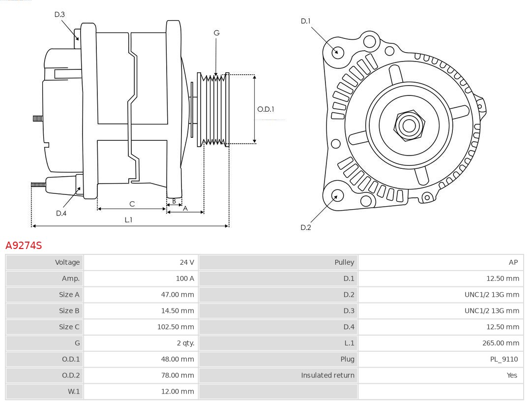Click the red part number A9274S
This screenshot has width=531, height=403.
[24, 245]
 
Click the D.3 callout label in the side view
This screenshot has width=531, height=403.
[59, 15]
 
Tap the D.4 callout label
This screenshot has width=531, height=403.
[61, 213]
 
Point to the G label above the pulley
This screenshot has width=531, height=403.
[216, 33]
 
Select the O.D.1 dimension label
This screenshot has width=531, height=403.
[265, 109]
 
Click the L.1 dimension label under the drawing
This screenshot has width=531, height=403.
[128, 220]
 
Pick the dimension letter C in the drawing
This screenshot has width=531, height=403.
[132, 204]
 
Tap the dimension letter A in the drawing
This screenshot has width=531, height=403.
[185, 209]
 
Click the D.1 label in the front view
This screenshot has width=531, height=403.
[306, 21]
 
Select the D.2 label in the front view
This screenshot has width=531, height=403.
[306, 227]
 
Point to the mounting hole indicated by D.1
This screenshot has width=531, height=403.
[338, 51]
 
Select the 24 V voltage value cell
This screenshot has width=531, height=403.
[187, 262]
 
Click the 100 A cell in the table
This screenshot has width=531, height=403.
[185, 279]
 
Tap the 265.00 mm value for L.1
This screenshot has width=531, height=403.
[501, 343]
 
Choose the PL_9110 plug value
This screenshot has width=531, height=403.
[503, 359]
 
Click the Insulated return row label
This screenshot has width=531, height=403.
[327, 375]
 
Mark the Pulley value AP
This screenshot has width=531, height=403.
[513, 262]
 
